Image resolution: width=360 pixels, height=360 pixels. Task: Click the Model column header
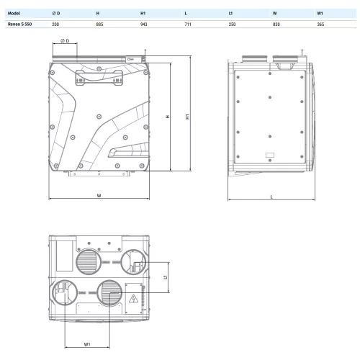[14, 13]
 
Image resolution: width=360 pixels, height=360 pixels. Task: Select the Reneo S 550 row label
[19, 24]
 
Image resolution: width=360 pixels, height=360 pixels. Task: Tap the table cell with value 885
[99, 24]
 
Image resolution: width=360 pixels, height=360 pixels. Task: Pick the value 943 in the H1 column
[144, 24]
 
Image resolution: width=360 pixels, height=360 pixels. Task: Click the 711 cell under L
[188, 24]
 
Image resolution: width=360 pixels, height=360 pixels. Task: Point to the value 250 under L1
[232, 24]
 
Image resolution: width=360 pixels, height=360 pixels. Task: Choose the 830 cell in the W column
[276, 24]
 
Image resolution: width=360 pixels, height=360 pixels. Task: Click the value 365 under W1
[320, 24]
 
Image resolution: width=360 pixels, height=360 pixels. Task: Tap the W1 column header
[320, 13]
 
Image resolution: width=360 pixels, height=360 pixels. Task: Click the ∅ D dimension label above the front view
[65, 41]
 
